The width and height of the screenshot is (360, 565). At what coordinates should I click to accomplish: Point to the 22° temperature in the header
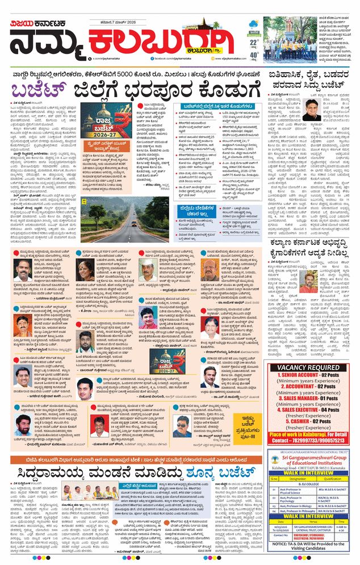(x=254, y=43)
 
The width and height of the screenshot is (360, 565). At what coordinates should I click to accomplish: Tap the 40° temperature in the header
(x=254, y=56)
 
